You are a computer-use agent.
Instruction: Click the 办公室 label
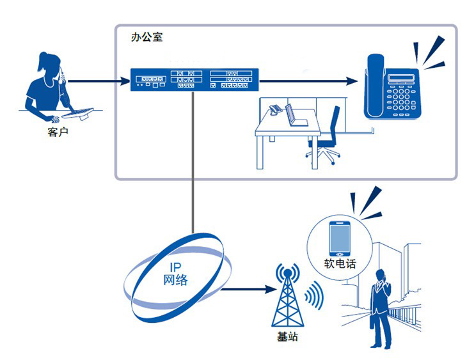(x=147, y=37)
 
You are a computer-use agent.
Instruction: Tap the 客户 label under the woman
(x=58, y=132)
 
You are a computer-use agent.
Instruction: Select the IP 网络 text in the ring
(x=175, y=274)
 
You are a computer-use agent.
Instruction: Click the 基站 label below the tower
(x=287, y=337)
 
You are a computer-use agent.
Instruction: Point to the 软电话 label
(x=340, y=264)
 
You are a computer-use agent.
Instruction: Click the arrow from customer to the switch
(x=99, y=81)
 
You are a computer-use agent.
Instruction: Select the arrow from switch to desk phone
(x=308, y=81)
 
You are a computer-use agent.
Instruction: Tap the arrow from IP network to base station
(x=249, y=289)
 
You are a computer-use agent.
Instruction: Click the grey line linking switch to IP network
(x=193, y=162)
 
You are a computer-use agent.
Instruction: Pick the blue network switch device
(x=194, y=79)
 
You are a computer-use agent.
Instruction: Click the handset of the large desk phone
(x=376, y=86)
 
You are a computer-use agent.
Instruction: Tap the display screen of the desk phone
(x=401, y=78)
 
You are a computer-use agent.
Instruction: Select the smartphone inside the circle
(x=340, y=239)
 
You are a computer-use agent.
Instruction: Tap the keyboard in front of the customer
(x=78, y=113)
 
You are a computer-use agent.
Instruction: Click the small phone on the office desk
(x=275, y=109)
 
